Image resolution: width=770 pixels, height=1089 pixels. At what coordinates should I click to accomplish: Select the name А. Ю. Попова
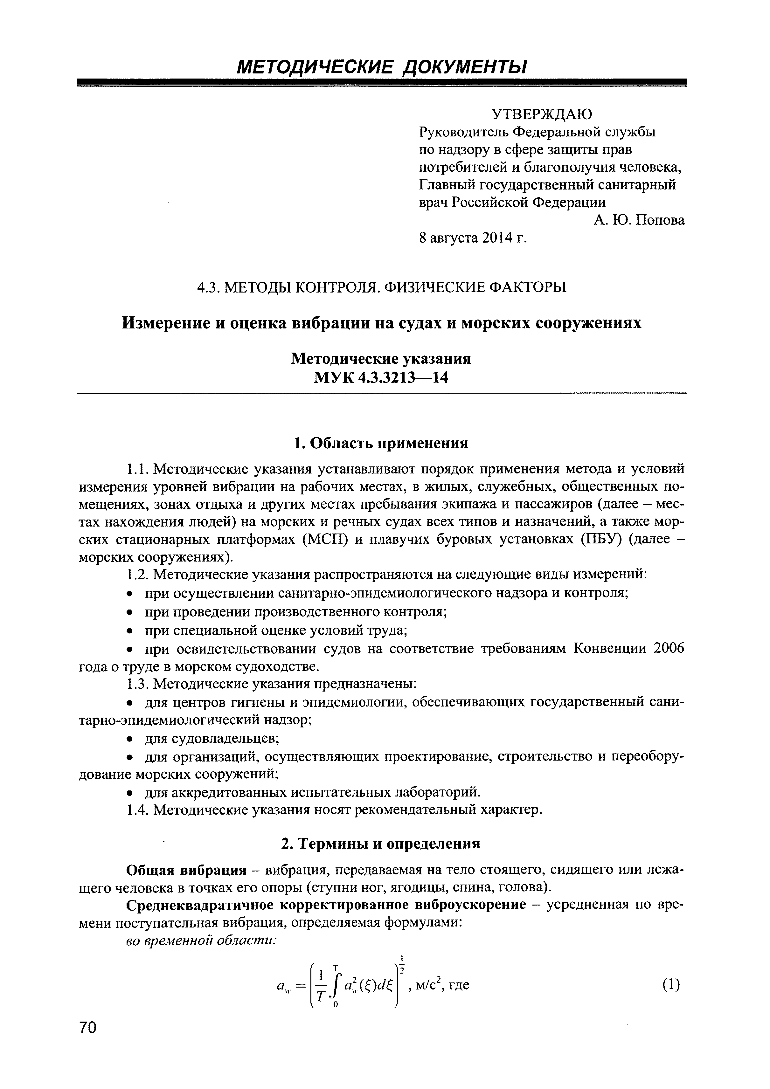pyautogui.click(x=639, y=221)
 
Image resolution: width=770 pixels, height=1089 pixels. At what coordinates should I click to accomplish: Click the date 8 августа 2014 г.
pyautogui.click(x=473, y=238)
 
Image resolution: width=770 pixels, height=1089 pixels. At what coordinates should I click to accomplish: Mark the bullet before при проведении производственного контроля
pyautogui.click(x=129, y=613)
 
